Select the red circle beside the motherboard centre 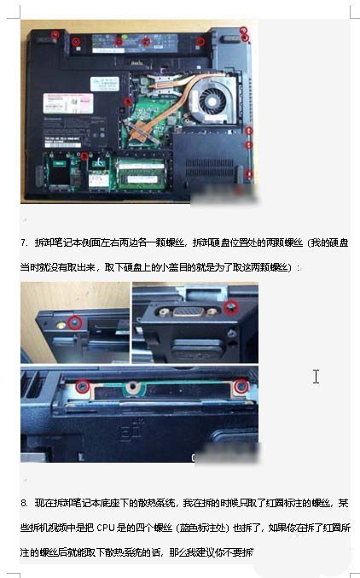(128, 102)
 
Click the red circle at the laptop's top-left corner (55, 34)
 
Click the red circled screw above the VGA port (229, 305)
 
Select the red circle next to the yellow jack (75, 322)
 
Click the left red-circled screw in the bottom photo (82, 387)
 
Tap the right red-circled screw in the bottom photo (241, 387)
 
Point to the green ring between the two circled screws (130, 388)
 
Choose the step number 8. (24, 504)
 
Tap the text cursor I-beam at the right (316, 376)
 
